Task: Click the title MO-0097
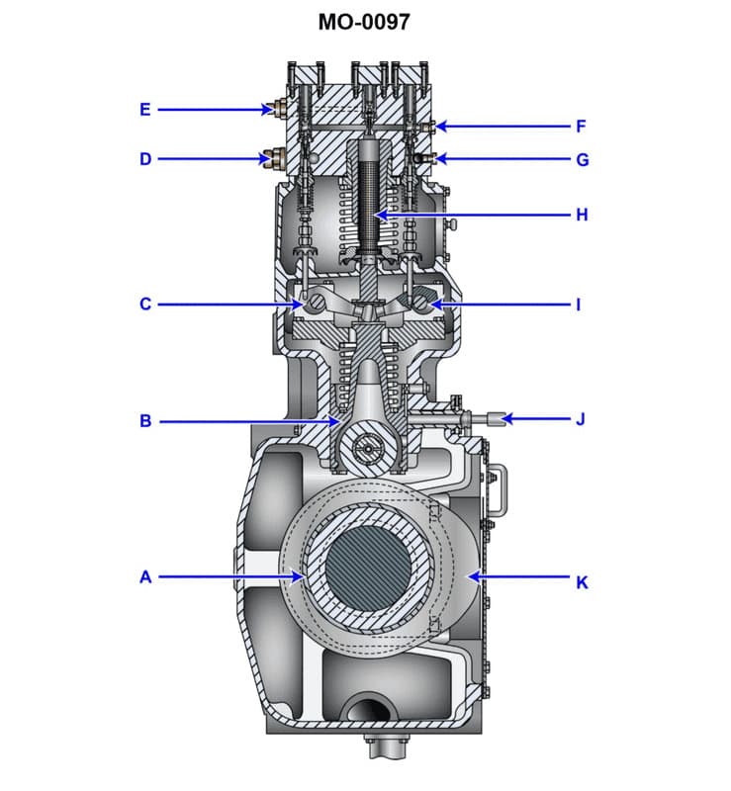(365, 21)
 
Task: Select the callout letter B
(145, 421)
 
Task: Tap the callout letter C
(145, 305)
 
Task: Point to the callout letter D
(145, 158)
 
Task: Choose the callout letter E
(145, 109)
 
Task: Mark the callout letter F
(582, 126)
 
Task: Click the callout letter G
(582, 159)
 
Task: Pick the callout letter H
(582, 215)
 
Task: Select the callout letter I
(581, 305)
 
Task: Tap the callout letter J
(581, 419)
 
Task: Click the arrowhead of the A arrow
(301, 576)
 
